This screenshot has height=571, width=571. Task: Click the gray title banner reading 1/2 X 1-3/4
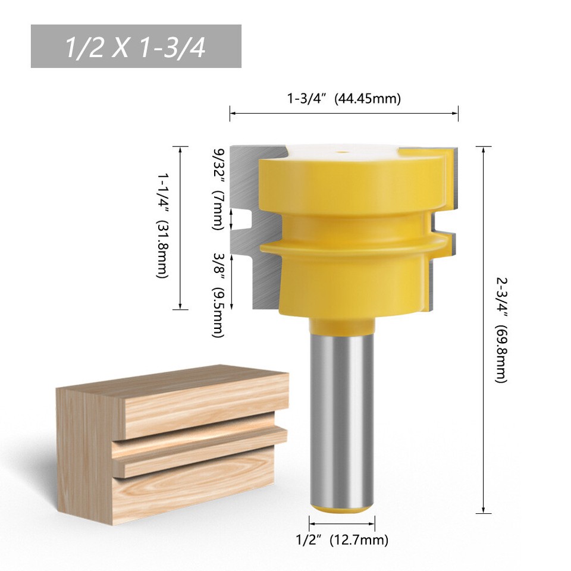[x=136, y=46]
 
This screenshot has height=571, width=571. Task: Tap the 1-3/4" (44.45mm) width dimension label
[x=343, y=98]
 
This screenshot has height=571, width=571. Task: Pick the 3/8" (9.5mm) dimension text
[x=218, y=294]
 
